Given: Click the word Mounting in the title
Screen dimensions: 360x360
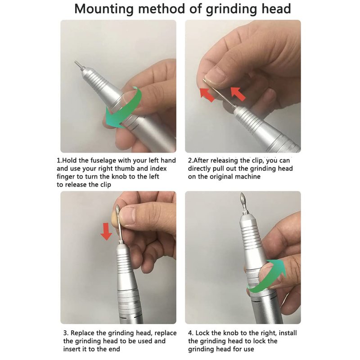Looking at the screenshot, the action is click(x=104, y=9).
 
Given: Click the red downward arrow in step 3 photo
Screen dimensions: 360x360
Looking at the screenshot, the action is click(x=106, y=231).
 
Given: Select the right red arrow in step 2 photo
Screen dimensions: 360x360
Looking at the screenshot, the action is click(x=238, y=94).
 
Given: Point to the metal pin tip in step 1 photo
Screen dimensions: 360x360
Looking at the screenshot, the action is click(x=76, y=62).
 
